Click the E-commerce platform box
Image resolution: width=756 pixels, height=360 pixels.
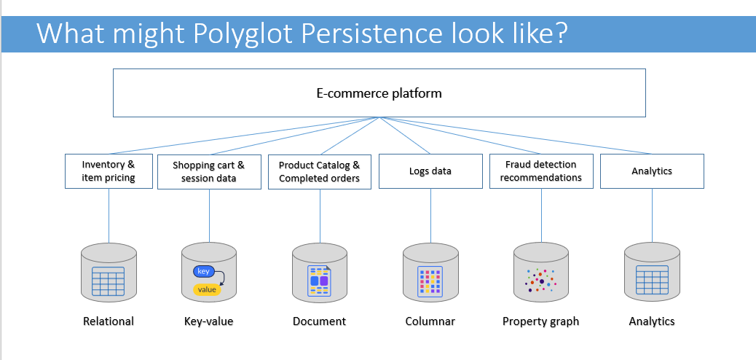pos(379,93)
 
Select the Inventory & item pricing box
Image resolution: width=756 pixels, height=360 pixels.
pos(109,171)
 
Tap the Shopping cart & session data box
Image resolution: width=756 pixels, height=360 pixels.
pos(209,171)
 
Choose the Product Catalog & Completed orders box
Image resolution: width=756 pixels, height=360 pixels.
pos(319,171)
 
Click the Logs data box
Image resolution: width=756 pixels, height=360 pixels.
pos(430,171)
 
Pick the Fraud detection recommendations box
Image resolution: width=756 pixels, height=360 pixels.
pos(541,171)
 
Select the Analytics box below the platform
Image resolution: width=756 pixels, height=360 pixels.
pos(652,171)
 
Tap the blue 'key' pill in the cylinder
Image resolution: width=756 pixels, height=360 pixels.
pos(203,271)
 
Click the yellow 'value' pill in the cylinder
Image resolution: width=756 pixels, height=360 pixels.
pos(207,289)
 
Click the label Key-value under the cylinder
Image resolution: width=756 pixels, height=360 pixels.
pos(209,321)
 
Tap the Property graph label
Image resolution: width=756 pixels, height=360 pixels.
pos(541,321)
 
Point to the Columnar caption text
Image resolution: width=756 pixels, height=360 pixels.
pos(430,321)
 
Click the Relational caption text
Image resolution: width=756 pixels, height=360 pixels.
pos(109,321)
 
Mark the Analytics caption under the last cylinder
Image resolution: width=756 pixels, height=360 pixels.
pos(652,321)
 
